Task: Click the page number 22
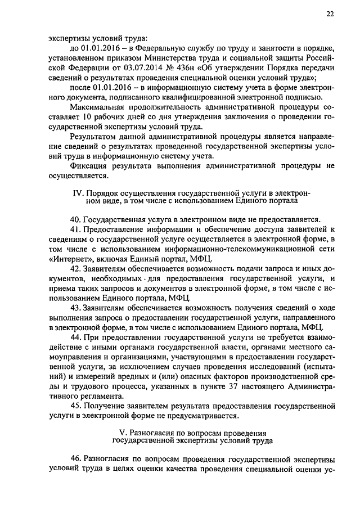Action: click(329, 16)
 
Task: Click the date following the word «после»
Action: click(110, 88)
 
